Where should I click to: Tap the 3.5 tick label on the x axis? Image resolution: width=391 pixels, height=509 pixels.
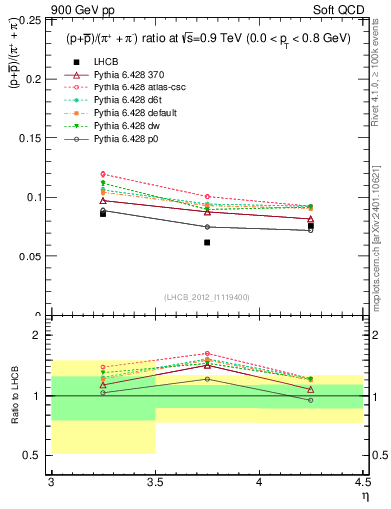(x=155, y=483)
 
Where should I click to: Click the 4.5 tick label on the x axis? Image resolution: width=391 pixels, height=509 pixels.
(x=362, y=483)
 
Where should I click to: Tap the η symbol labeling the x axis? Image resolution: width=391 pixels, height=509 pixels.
(x=364, y=496)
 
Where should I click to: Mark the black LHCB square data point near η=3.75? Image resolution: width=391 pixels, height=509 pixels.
(x=207, y=242)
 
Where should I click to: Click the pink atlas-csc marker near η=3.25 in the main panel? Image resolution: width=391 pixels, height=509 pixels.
(x=103, y=174)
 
